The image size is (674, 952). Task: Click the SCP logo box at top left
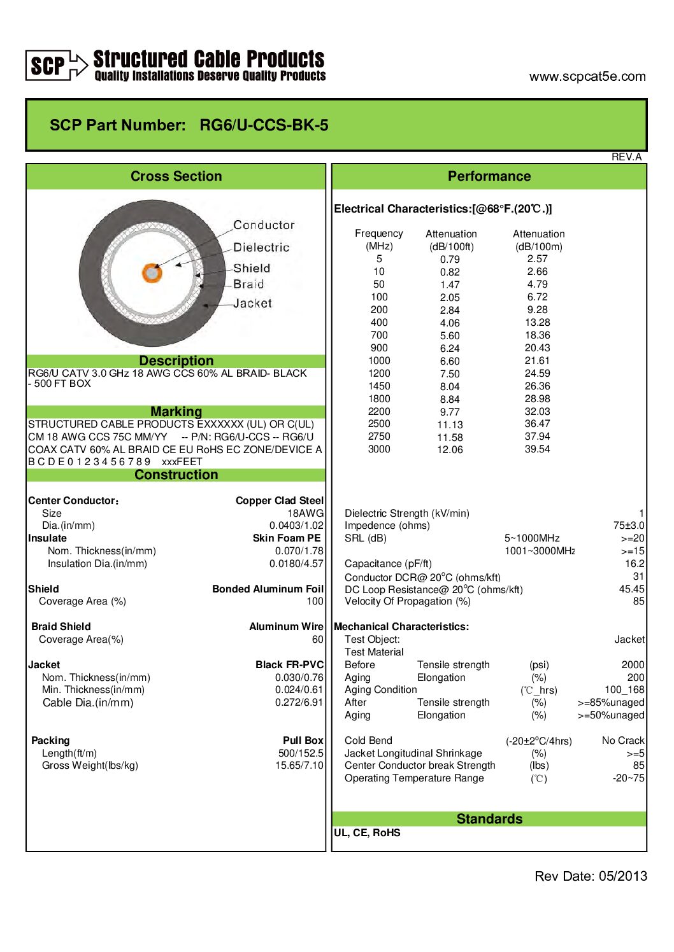[x=48, y=65]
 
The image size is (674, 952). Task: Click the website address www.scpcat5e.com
[x=587, y=77]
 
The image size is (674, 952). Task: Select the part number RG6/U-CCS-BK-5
[x=264, y=125]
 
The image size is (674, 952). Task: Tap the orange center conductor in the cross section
[x=152, y=273]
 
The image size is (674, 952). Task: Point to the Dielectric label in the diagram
[x=261, y=248]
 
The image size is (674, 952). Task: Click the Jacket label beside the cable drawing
[x=252, y=304]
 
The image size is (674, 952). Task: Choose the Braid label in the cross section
[x=248, y=284]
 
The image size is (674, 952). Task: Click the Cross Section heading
[x=176, y=176]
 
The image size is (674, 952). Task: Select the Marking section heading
[x=176, y=412]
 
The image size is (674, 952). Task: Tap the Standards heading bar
[x=489, y=819]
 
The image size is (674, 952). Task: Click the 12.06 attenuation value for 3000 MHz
[x=450, y=450]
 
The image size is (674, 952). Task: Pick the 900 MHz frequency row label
[x=379, y=348]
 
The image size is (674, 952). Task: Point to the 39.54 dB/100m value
[x=537, y=449]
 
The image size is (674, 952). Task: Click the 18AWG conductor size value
[x=305, y=514]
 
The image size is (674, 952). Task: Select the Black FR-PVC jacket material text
[x=289, y=665]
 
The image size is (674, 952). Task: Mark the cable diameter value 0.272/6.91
[x=299, y=703]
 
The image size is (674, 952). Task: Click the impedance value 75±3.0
[x=629, y=526]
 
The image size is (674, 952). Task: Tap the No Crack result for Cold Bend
[x=623, y=741]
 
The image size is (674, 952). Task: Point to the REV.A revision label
[x=626, y=157]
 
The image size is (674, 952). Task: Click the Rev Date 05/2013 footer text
[x=591, y=876]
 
